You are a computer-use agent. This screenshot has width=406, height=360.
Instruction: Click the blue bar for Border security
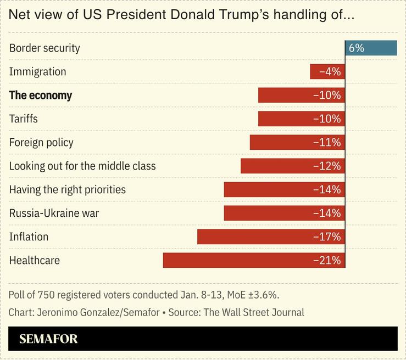click(371, 48)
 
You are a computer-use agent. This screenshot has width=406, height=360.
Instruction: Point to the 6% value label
click(356, 48)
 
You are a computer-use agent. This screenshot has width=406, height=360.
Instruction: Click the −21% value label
click(327, 260)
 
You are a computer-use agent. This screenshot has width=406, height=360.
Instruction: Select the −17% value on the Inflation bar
click(327, 237)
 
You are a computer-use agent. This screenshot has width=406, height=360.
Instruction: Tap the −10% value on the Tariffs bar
click(327, 119)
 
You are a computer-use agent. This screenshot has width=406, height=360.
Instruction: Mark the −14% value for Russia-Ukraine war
click(327, 213)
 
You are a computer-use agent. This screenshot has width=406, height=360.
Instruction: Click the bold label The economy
click(41, 95)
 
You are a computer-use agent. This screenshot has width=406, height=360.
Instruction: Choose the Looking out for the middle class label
click(82, 166)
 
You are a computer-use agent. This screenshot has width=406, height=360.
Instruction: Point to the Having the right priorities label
click(68, 189)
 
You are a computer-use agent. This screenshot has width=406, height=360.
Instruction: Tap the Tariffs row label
click(24, 119)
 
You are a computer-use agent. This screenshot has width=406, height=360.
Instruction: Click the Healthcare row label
click(35, 260)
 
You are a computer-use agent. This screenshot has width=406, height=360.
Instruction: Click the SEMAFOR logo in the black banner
click(48, 339)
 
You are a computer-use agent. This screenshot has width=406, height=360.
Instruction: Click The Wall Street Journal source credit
click(254, 312)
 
